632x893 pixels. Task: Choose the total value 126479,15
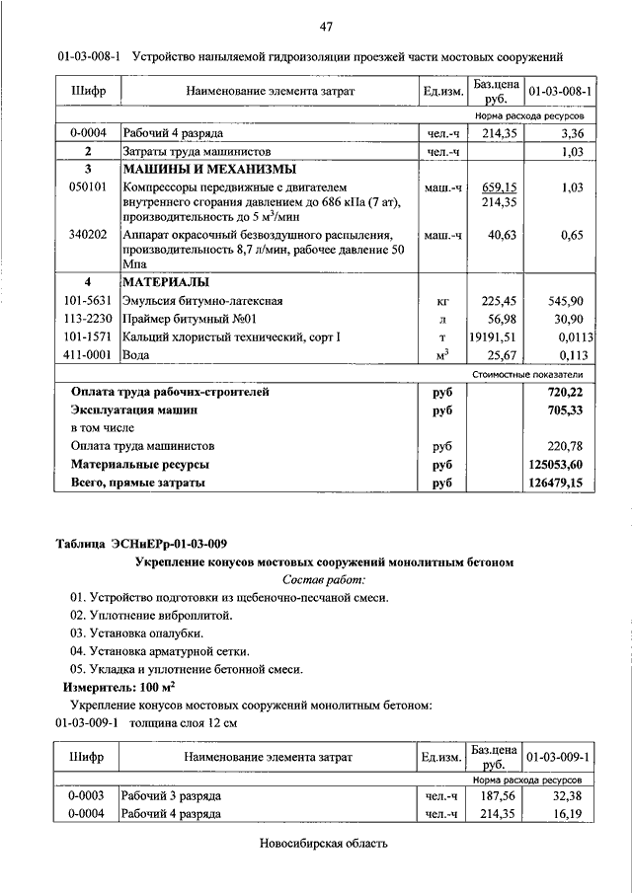click(557, 483)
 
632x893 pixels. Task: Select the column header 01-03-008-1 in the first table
click(560, 92)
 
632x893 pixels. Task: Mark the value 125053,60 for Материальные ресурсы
click(557, 464)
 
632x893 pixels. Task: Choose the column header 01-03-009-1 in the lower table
click(560, 757)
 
